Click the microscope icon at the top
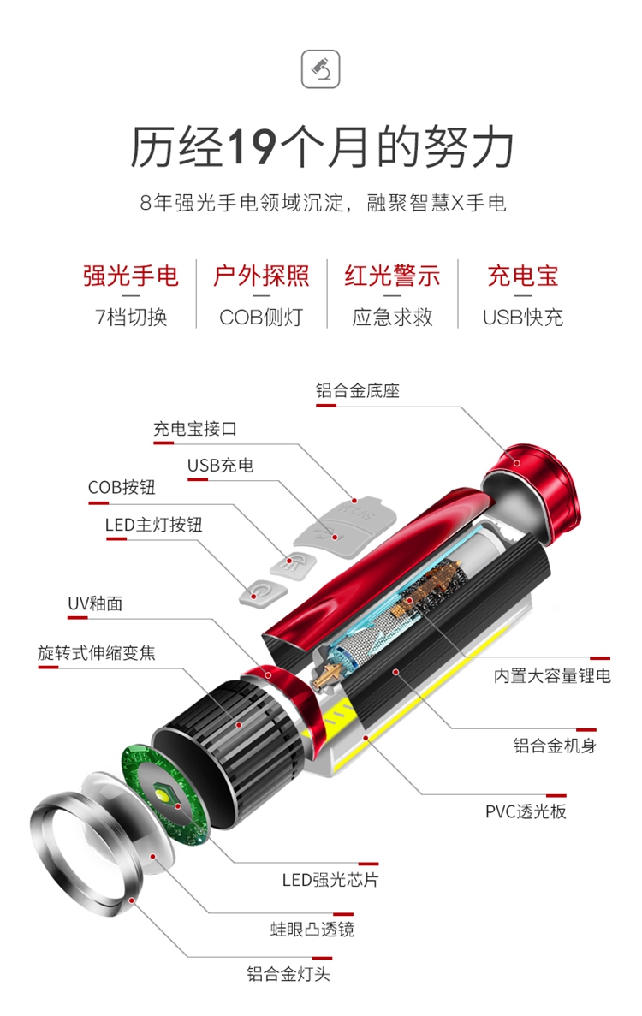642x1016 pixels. click(x=321, y=68)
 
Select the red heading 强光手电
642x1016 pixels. click(x=131, y=276)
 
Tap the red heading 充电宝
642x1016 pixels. click(x=523, y=276)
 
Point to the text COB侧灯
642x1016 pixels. click(x=261, y=318)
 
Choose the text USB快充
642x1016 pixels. click(x=523, y=318)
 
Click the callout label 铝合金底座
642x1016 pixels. click(x=358, y=390)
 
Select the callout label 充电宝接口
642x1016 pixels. click(x=195, y=429)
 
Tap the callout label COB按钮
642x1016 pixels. click(x=122, y=487)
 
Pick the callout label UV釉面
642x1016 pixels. click(x=95, y=603)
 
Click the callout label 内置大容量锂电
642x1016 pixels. click(x=552, y=676)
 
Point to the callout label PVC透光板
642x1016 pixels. click(x=526, y=811)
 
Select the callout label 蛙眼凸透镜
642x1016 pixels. click(x=312, y=930)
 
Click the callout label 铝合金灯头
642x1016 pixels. click(x=289, y=973)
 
